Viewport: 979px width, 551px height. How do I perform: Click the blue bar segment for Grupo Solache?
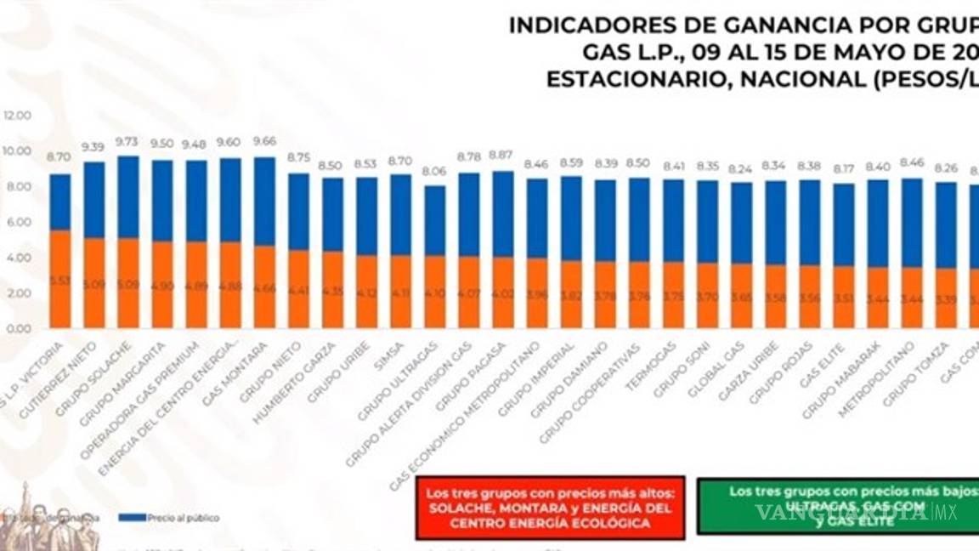click(128, 196)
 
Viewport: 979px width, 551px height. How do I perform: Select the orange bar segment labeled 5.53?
click(60, 279)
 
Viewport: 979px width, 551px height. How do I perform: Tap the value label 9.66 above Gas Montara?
click(264, 142)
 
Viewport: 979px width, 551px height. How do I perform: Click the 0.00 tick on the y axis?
click(19, 328)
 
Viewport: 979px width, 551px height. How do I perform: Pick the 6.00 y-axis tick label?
click(19, 222)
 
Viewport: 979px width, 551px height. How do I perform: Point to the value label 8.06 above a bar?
click(433, 170)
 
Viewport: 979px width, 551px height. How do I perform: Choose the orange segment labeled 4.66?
click(264, 287)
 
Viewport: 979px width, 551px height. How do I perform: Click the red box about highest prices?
click(550, 508)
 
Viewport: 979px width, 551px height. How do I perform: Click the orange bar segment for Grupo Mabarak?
click(877, 298)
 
